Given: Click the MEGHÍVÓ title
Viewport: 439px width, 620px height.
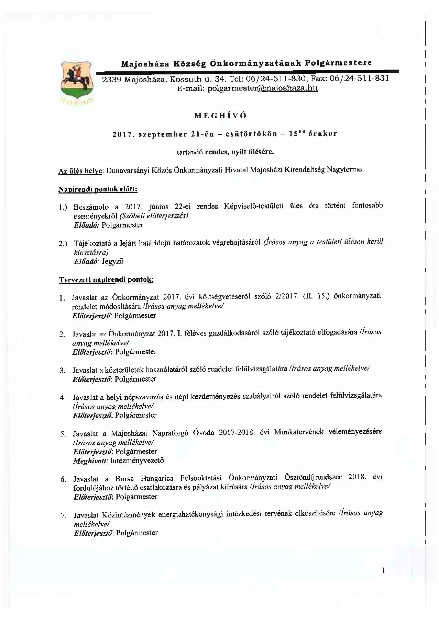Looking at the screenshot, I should [220, 116].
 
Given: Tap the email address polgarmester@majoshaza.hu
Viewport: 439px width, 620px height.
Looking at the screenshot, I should [262, 88].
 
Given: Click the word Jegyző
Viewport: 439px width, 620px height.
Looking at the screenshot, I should [113, 261].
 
